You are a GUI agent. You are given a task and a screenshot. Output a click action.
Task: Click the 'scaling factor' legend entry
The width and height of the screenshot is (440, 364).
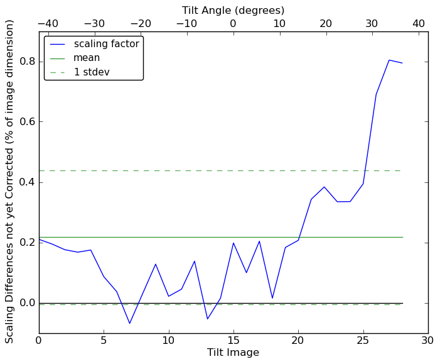[106, 44]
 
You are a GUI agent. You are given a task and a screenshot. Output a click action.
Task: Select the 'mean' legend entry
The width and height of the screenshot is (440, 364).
[87, 58]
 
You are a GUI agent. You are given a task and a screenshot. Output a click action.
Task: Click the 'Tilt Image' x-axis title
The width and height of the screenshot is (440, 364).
[233, 353]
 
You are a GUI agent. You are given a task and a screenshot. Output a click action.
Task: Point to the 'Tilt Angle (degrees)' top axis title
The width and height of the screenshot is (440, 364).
[233, 10]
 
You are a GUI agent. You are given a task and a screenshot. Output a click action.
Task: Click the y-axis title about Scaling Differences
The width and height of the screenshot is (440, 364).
[10, 181]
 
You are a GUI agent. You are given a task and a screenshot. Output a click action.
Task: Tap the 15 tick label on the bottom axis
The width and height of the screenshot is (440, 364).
[233, 341]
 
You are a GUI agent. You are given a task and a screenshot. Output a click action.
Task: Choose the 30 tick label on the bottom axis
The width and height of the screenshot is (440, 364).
[428, 341]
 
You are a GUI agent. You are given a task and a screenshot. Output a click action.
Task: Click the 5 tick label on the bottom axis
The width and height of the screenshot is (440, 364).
[104, 341]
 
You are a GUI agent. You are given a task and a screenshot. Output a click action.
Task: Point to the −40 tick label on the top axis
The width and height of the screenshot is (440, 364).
[48, 24]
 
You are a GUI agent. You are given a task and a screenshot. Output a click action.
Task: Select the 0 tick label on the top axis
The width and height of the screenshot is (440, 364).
[233, 24]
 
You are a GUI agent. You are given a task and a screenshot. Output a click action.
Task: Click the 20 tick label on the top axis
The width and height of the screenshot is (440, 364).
[326, 24]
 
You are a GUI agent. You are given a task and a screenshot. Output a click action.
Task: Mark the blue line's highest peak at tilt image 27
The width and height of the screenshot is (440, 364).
[389, 60]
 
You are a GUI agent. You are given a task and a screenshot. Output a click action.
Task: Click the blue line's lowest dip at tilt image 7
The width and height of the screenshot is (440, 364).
[130, 323]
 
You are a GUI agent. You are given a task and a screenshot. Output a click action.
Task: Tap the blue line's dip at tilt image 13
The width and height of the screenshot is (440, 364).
[208, 319]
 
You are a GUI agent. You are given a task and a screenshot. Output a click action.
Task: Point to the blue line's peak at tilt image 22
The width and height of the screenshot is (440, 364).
[325, 187]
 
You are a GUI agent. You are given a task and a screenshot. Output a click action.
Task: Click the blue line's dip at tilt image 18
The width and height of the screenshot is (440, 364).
[272, 298]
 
